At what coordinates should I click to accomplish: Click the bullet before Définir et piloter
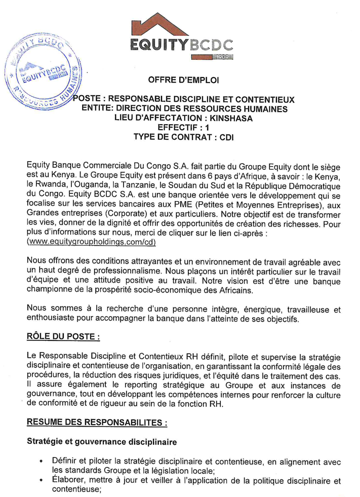[x=42, y=462]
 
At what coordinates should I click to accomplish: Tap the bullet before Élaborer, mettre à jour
[x=42, y=482]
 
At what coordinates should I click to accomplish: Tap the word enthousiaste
[x=53, y=319]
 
